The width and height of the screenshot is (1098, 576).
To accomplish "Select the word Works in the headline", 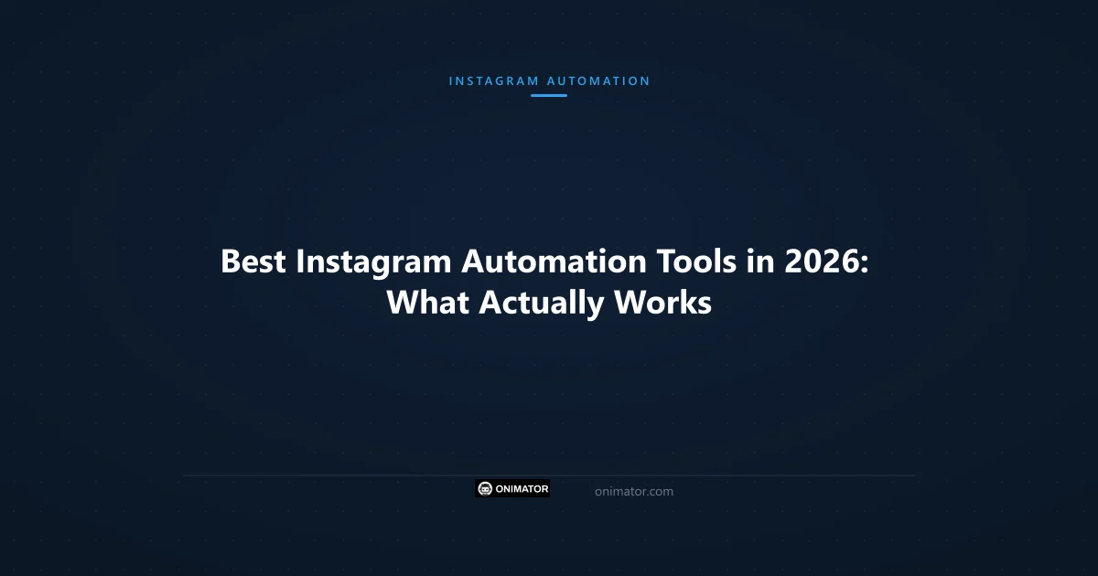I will tap(662, 303).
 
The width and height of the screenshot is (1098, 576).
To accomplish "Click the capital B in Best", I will tap(231, 262).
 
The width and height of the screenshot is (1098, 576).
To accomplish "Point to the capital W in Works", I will tap(630, 303).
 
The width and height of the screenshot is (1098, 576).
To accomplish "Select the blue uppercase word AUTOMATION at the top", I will tap(598, 80).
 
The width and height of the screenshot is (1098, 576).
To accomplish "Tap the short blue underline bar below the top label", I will tap(549, 95).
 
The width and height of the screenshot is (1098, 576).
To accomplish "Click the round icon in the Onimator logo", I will tap(485, 489).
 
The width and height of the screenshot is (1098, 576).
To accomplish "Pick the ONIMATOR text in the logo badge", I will tap(522, 489).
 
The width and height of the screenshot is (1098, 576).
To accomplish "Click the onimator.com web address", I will tap(633, 492).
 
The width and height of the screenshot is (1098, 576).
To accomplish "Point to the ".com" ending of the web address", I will tap(659, 492).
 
